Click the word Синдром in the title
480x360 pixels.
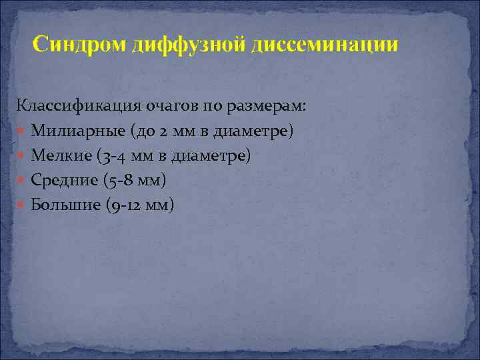[x=80, y=45]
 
